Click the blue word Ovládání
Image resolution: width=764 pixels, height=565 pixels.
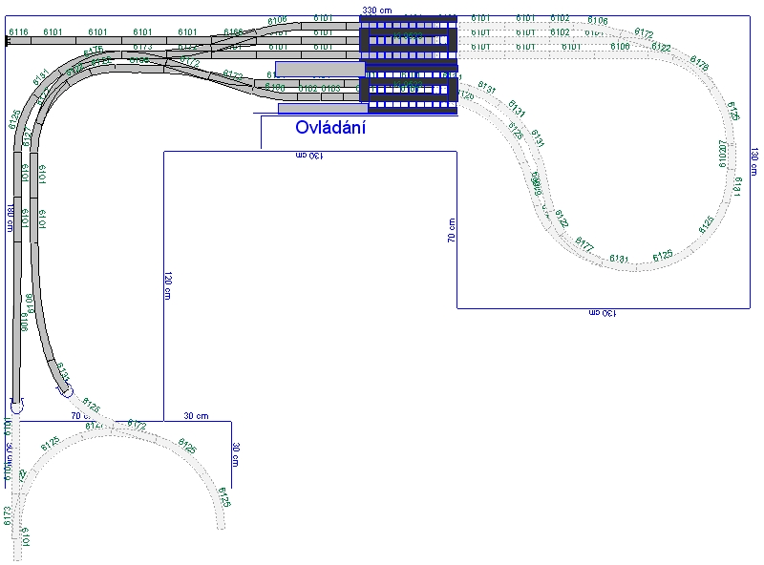[330, 127]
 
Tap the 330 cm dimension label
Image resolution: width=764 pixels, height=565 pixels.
[375, 10]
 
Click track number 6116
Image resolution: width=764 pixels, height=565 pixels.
[17, 32]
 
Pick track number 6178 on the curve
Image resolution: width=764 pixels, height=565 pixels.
[698, 65]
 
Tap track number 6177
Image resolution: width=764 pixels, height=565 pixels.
[584, 248]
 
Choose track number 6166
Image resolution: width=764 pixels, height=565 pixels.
[233, 32]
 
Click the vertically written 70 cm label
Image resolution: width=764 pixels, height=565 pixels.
[451, 230]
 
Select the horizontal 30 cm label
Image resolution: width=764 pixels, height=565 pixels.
[196, 415]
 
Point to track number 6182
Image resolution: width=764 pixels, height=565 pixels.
[308, 88]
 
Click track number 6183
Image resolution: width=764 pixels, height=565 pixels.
[330, 88]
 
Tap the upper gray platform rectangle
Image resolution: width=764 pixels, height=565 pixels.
[320, 68]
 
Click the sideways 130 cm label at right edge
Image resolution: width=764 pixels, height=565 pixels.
[753, 162]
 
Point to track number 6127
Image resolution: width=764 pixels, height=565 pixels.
[28, 139]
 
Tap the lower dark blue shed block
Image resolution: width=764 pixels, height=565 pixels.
[409, 90]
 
